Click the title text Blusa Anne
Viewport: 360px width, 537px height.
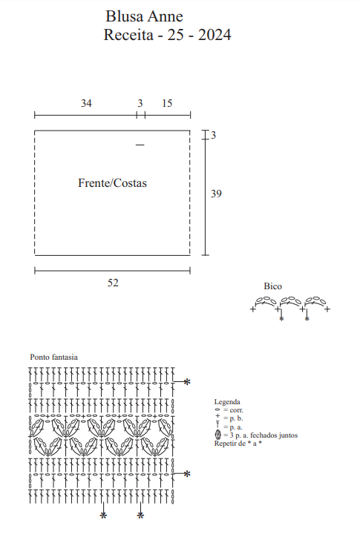(x=144, y=16)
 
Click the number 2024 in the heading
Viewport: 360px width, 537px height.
(x=215, y=35)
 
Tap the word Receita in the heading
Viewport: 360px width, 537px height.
(x=128, y=35)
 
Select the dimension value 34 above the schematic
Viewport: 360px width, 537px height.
(x=86, y=103)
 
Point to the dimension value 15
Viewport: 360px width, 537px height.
(x=167, y=103)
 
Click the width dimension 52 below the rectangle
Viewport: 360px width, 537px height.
(x=113, y=283)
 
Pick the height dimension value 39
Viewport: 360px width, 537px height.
(x=216, y=194)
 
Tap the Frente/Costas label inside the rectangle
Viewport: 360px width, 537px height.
(x=113, y=183)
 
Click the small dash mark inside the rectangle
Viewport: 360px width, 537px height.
(x=140, y=145)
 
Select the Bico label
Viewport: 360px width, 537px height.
(x=273, y=286)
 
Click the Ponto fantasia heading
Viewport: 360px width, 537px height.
(x=54, y=358)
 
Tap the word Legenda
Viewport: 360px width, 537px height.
(x=227, y=402)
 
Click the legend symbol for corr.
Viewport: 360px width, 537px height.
(x=217, y=409)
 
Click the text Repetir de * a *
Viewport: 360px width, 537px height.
(x=238, y=444)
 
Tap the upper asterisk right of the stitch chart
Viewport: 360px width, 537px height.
(x=187, y=381)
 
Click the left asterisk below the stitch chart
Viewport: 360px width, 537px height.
(x=103, y=515)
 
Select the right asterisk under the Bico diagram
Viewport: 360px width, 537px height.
(x=307, y=319)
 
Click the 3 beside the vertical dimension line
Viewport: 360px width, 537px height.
(x=213, y=136)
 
